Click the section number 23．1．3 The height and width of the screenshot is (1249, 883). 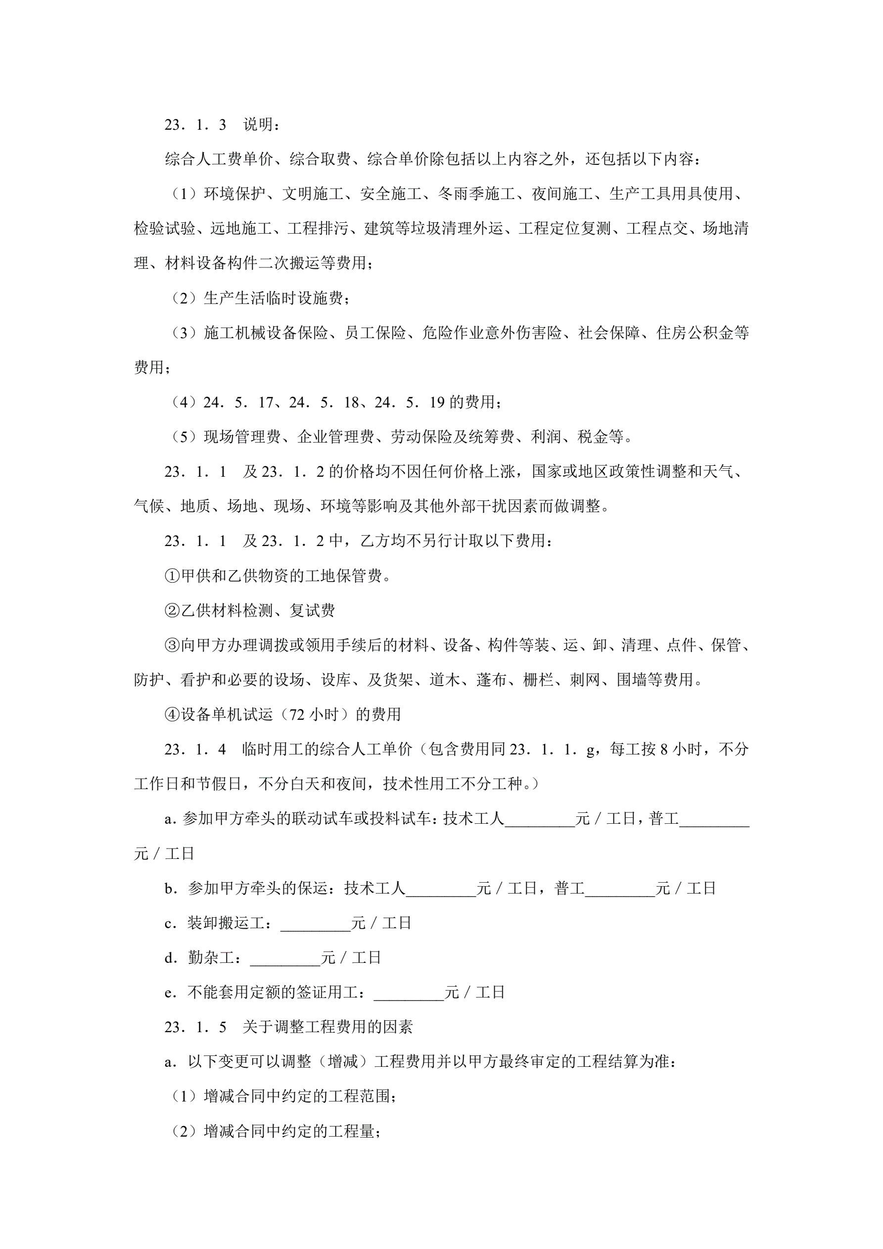(195, 125)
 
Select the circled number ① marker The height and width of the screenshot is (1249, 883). (172, 576)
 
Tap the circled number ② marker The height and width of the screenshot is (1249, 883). (172, 611)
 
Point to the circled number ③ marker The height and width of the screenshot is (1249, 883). (172, 646)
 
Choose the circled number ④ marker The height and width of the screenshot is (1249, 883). (172, 715)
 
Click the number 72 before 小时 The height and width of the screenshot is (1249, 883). (297, 715)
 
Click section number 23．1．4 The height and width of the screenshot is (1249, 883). (195, 749)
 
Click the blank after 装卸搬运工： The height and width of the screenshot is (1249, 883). (316, 923)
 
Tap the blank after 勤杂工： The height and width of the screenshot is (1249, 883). (285, 958)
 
